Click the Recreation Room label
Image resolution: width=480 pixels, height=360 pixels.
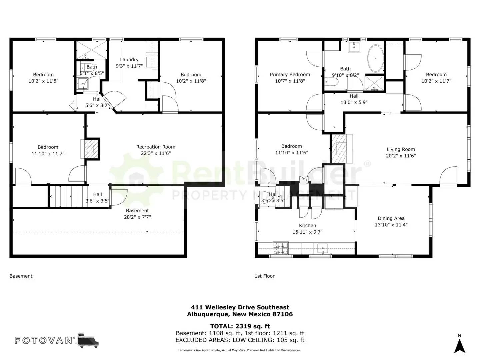156,147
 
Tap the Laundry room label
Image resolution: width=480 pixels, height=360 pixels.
129,60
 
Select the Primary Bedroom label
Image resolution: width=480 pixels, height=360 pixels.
290,75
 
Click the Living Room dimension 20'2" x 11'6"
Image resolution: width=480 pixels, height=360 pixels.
401,156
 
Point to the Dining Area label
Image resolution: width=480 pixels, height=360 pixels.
391,218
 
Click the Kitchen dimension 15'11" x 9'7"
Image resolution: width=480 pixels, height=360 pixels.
307,232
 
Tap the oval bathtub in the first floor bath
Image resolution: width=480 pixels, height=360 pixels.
375,58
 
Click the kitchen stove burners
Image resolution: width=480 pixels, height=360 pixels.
281,248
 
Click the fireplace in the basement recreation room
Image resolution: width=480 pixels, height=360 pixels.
89,148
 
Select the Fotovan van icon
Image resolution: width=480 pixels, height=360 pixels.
88,340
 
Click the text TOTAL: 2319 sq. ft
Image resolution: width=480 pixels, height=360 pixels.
240,326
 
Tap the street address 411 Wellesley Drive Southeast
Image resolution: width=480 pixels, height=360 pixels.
240,307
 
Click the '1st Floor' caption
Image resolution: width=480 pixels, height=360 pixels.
264,276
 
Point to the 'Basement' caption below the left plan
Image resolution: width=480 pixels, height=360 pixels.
21,276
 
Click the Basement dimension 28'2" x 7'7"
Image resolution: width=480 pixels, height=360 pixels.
137,217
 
